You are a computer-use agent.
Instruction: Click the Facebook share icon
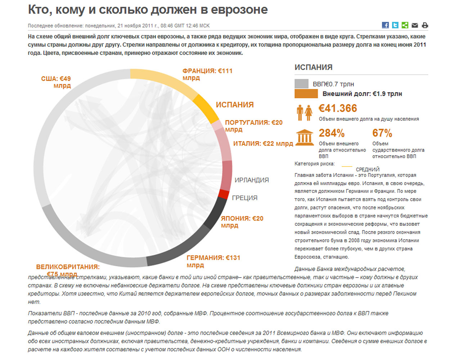click(x=385, y=25)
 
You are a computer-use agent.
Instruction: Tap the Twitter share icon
click(x=395, y=25)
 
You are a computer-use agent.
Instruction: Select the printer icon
click(x=425, y=26)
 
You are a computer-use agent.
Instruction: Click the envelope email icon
click(x=415, y=26)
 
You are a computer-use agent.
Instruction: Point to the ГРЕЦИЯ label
click(x=244, y=198)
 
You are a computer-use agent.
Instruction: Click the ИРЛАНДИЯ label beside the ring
click(x=252, y=180)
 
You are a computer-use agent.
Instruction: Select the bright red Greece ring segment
click(x=223, y=194)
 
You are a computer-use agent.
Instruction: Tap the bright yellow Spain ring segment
click(x=206, y=109)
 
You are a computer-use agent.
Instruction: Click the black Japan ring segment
click(x=215, y=213)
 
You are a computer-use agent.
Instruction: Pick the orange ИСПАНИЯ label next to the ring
click(x=235, y=105)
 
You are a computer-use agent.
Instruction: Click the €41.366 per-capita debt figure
click(x=338, y=108)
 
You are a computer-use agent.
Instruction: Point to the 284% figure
click(x=332, y=133)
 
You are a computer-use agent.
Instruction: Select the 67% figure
click(x=382, y=133)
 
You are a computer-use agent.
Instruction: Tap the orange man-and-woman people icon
click(x=304, y=113)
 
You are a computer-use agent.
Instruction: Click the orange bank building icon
click(x=305, y=138)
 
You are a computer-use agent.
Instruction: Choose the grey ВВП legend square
click(x=301, y=84)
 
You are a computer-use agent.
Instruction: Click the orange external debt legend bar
click(x=306, y=94)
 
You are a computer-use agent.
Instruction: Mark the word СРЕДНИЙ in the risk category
click(x=368, y=170)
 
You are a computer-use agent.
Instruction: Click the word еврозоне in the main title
click(x=239, y=10)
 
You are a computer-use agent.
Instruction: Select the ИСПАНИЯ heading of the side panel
click(x=313, y=67)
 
